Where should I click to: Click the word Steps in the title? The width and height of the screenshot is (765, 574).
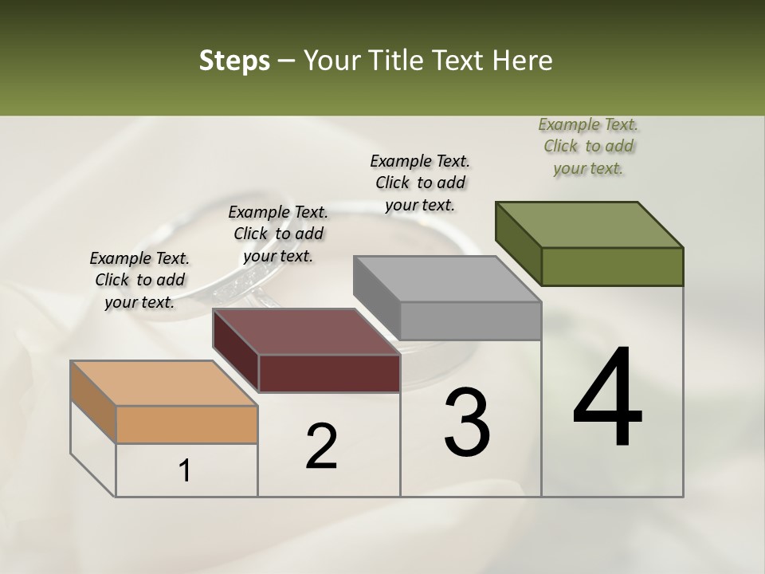[x=234, y=61]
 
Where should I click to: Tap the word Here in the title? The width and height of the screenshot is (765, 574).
[x=522, y=61]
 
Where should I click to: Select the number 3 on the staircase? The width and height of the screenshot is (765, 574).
[x=466, y=423]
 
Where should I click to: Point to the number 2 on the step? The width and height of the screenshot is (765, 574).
[x=321, y=446]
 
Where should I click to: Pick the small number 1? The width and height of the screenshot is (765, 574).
[x=185, y=470]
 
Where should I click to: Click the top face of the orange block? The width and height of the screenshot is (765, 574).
[x=164, y=383]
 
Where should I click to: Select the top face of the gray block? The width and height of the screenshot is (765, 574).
[x=447, y=279]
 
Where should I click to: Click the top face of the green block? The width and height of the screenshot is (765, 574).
[x=589, y=225]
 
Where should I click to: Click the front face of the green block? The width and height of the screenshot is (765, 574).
[x=612, y=266]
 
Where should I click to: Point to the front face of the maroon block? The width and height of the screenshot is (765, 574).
[x=329, y=373]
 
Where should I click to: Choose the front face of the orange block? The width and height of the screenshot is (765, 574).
[x=186, y=424]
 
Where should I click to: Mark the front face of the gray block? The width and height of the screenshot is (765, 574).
[x=470, y=320]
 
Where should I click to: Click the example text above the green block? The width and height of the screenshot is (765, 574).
[x=588, y=147]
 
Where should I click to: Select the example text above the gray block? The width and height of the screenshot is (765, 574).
[x=420, y=183]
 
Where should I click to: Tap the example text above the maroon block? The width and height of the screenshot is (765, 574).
[x=278, y=234]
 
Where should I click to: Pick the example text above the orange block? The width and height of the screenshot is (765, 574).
[x=139, y=280]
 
